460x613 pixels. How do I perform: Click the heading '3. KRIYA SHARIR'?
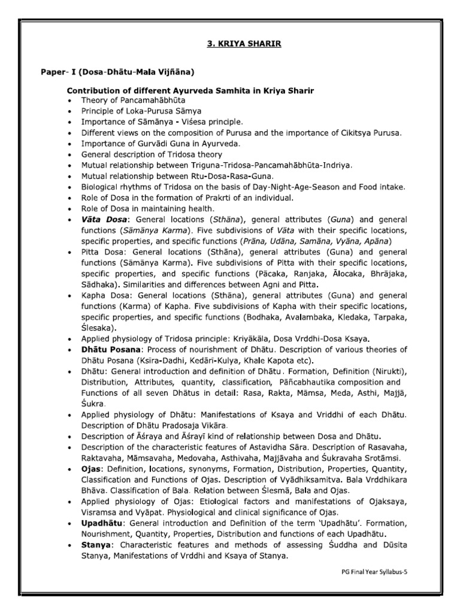230,44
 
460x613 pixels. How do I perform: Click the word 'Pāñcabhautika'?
305,382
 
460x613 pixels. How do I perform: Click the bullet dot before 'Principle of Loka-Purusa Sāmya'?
71,111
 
